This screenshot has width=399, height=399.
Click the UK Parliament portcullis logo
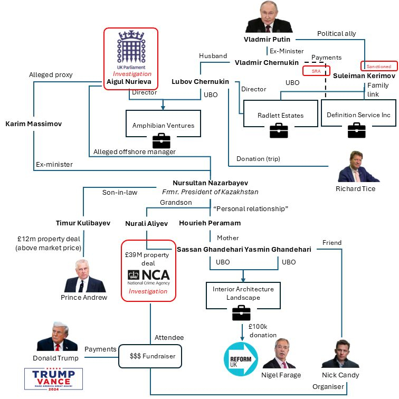click(x=130, y=47)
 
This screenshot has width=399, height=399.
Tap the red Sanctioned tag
click(x=379, y=66)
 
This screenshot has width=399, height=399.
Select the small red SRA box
click(x=316, y=70)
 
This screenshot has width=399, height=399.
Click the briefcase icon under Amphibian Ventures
click(x=161, y=140)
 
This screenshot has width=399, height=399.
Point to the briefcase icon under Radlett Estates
click(x=279, y=130)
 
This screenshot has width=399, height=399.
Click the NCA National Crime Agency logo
click(x=149, y=277)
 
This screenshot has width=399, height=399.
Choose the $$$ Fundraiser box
click(x=150, y=356)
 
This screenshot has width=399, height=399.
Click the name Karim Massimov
click(x=33, y=123)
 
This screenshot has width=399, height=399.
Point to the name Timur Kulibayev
click(x=83, y=223)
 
